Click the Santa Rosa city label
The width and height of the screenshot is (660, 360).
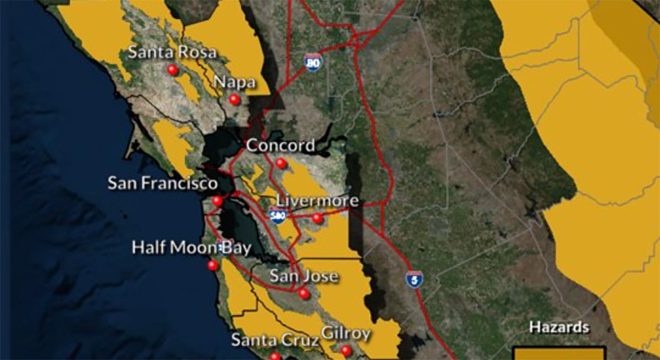click(x=172, y=53)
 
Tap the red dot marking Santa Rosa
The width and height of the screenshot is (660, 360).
click(x=173, y=70)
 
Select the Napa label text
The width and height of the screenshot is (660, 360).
click(x=234, y=82)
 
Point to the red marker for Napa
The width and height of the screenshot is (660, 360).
click(x=235, y=99)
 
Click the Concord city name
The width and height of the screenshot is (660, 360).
click(x=280, y=146)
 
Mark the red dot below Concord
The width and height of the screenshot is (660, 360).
click(x=281, y=163)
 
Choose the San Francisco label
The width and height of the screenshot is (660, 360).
click(x=163, y=183)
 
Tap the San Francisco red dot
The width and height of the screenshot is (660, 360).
click(x=218, y=201)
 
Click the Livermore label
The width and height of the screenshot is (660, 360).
click(x=317, y=201)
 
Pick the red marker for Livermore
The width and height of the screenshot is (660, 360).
click(x=317, y=218)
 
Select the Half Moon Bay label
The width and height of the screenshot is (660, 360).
click(x=191, y=248)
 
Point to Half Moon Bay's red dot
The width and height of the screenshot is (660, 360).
click(x=213, y=265)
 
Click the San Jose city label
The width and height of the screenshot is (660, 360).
click(x=304, y=276)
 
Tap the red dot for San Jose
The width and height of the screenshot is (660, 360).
click(x=304, y=294)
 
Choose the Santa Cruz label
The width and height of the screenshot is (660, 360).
click(x=274, y=340)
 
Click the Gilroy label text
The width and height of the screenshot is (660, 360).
click(x=345, y=334)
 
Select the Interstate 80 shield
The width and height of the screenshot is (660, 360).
click(x=312, y=63)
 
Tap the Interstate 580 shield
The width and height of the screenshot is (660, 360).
click(x=277, y=215)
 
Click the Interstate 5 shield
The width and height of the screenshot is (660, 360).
click(x=414, y=279)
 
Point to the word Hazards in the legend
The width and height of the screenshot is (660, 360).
click(x=559, y=328)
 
